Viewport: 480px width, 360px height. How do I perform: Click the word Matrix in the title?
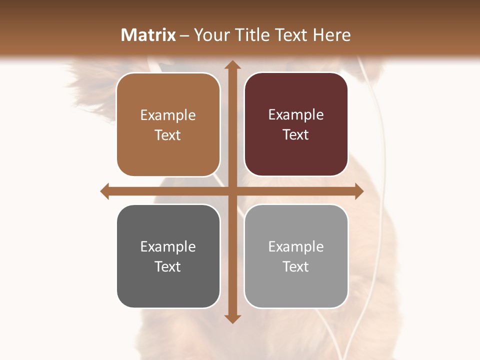[148, 35]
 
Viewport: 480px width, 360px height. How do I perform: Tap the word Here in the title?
[331, 35]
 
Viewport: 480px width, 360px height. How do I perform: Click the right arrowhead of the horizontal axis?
[358, 191]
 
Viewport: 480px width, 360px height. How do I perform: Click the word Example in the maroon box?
[296, 114]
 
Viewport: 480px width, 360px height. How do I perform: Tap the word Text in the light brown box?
[168, 135]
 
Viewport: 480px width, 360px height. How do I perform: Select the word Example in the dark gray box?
[168, 246]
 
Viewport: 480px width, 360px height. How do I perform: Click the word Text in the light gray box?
[296, 266]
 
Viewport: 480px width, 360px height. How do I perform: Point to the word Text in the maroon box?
[296, 134]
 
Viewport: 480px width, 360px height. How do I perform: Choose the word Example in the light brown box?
[168, 115]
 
